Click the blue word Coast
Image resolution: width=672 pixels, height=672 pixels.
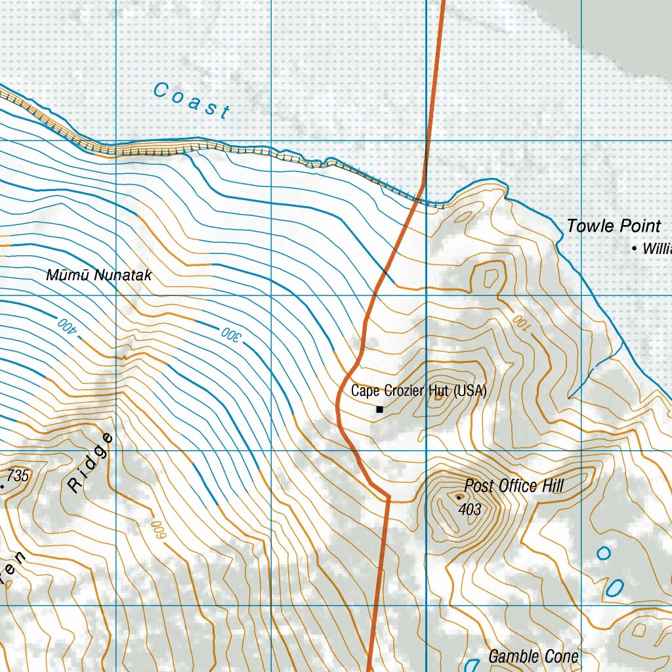[190, 100]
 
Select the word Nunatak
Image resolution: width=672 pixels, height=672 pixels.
[123, 275]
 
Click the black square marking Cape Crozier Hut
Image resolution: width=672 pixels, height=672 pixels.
[379, 409]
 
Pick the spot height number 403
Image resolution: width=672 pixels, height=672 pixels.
[471, 509]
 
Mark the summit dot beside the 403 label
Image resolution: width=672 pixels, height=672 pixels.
[458, 497]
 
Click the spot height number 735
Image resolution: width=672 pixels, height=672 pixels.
[19, 476]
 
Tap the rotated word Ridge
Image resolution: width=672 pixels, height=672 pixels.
[90, 463]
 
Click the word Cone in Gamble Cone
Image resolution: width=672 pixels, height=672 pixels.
[562, 656]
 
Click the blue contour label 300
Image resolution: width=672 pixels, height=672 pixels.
[231, 335]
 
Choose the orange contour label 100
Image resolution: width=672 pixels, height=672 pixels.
[521, 322]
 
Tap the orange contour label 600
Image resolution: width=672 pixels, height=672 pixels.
[157, 530]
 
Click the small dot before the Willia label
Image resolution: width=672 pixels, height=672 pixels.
[634, 249]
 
